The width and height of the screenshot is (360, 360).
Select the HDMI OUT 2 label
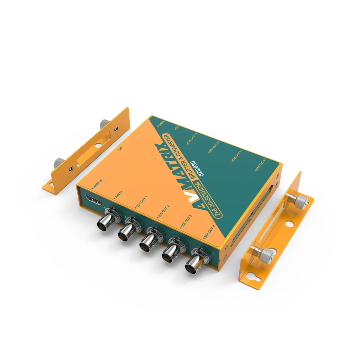[213, 147]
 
